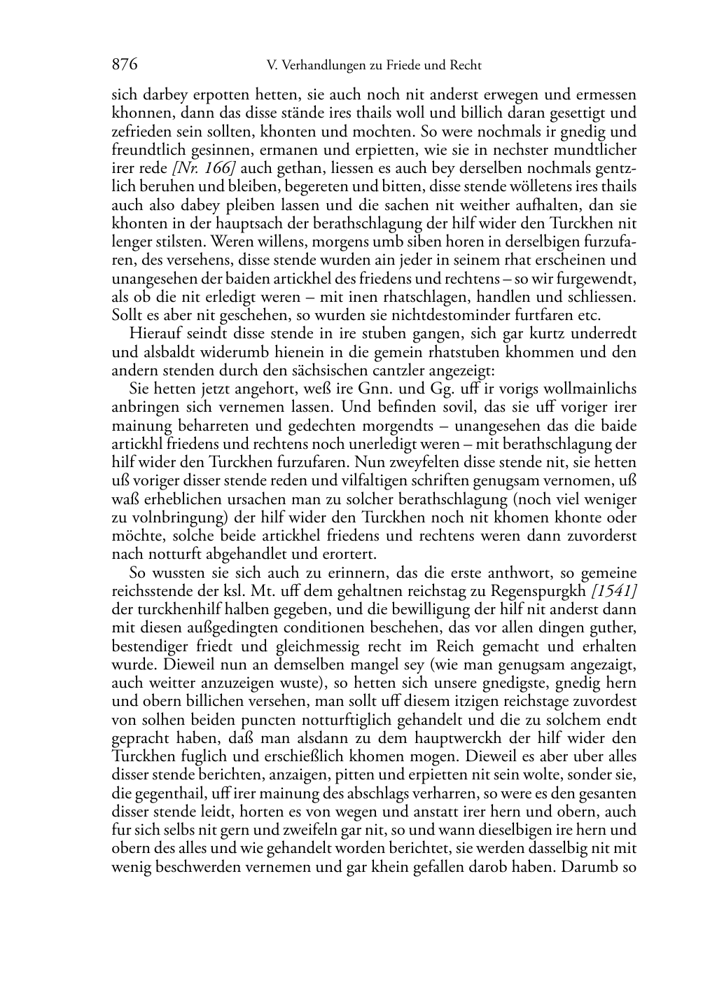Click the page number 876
pos(124,65)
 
